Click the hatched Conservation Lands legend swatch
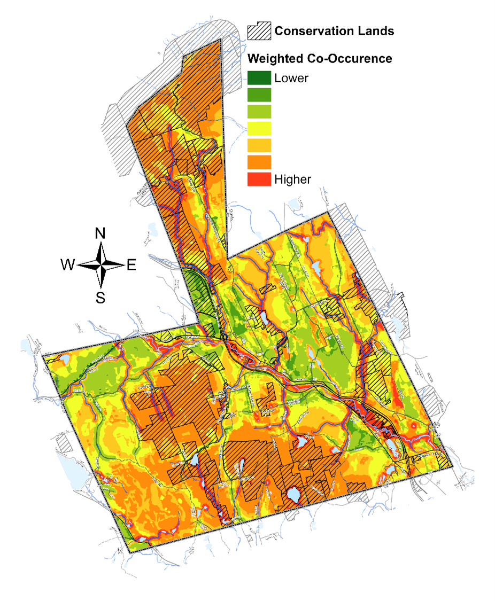259,31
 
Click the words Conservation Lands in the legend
334,31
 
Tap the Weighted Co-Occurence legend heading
320,58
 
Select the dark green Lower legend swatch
259,78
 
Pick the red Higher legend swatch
259,179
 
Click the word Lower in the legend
291,78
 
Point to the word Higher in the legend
292,179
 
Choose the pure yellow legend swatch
259,128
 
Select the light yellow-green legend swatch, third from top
259,112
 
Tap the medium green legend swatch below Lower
259,95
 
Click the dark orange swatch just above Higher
259,162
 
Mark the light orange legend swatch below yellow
259,145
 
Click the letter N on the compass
100,233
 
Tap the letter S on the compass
100,297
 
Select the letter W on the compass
68,264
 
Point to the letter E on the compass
131,264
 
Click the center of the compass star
100,264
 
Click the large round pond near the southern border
293,495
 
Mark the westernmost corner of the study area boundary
43,355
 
